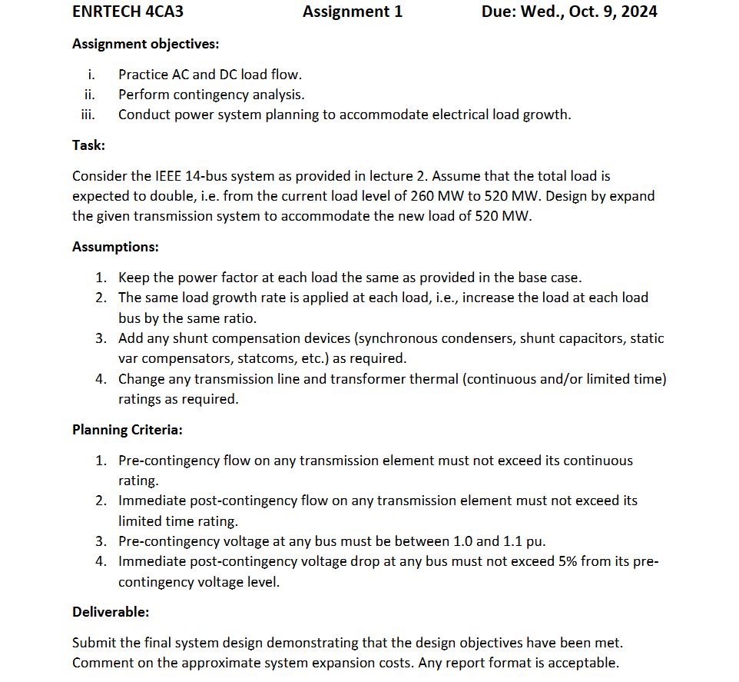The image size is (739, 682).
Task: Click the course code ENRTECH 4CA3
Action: click(x=128, y=12)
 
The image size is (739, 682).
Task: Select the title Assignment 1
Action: click(x=353, y=12)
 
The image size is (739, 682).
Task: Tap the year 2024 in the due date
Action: click(x=637, y=12)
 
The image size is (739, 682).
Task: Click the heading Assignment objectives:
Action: click(x=145, y=44)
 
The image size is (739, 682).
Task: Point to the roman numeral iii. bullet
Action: click(x=88, y=115)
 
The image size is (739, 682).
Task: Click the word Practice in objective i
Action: click(x=143, y=75)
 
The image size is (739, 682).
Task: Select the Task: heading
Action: click(x=88, y=145)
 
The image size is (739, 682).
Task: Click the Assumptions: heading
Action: click(x=115, y=247)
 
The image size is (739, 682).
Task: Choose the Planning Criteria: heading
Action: click(x=128, y=430)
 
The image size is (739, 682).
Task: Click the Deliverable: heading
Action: click(x=111, y=612)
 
